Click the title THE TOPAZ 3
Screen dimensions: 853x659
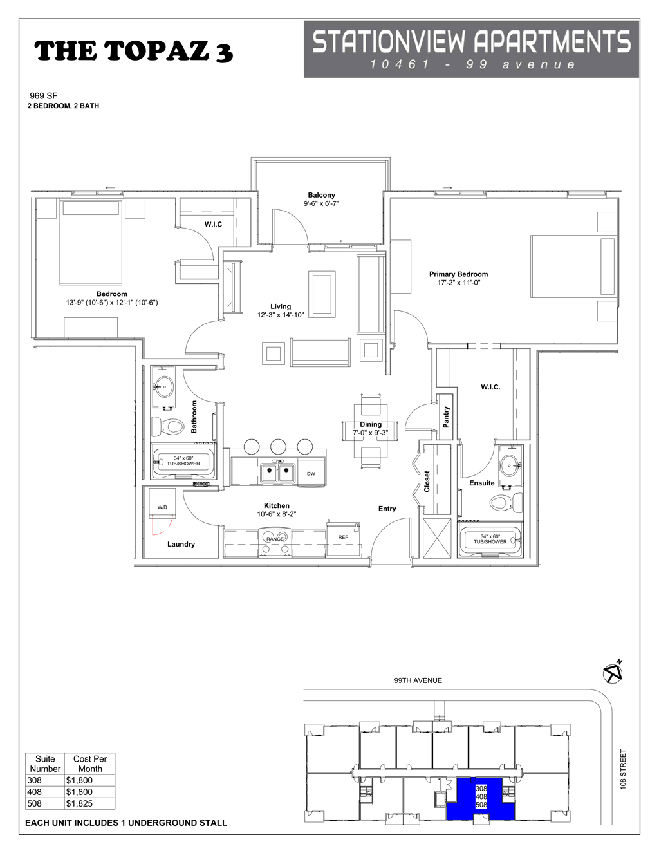pos(133,51)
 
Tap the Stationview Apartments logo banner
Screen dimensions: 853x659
pos(471,49)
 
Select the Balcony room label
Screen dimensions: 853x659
pos(321,195)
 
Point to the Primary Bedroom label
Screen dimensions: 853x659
pos(458,274)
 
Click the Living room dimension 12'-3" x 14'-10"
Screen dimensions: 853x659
pos(281,315)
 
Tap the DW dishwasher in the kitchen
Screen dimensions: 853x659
pos(311,474)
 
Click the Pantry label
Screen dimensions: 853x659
pos(446,417)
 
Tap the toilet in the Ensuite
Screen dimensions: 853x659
pos(505,501)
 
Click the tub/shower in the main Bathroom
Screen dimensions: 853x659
pos(183,462)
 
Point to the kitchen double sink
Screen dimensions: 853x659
pos(278,473)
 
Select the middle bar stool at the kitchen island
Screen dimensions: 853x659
pos(278,445)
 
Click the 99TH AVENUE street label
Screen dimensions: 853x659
pos(418,680)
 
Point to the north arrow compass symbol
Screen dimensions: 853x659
pos(612,672)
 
